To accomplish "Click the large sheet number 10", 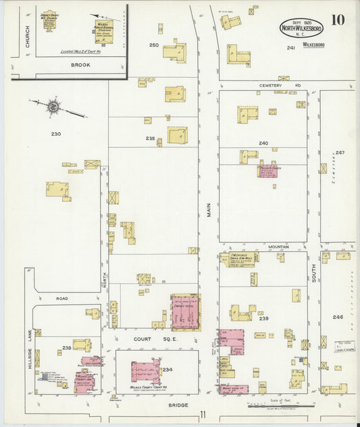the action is (337, 19).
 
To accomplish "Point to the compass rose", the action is (53, 106).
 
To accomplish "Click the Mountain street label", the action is (278, 247).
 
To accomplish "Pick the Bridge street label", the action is (178, 405).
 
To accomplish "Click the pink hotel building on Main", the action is (184, 311).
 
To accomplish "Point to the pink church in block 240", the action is (267, 170).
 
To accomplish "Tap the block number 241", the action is (291, 48).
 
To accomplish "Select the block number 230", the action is (56, 134).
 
